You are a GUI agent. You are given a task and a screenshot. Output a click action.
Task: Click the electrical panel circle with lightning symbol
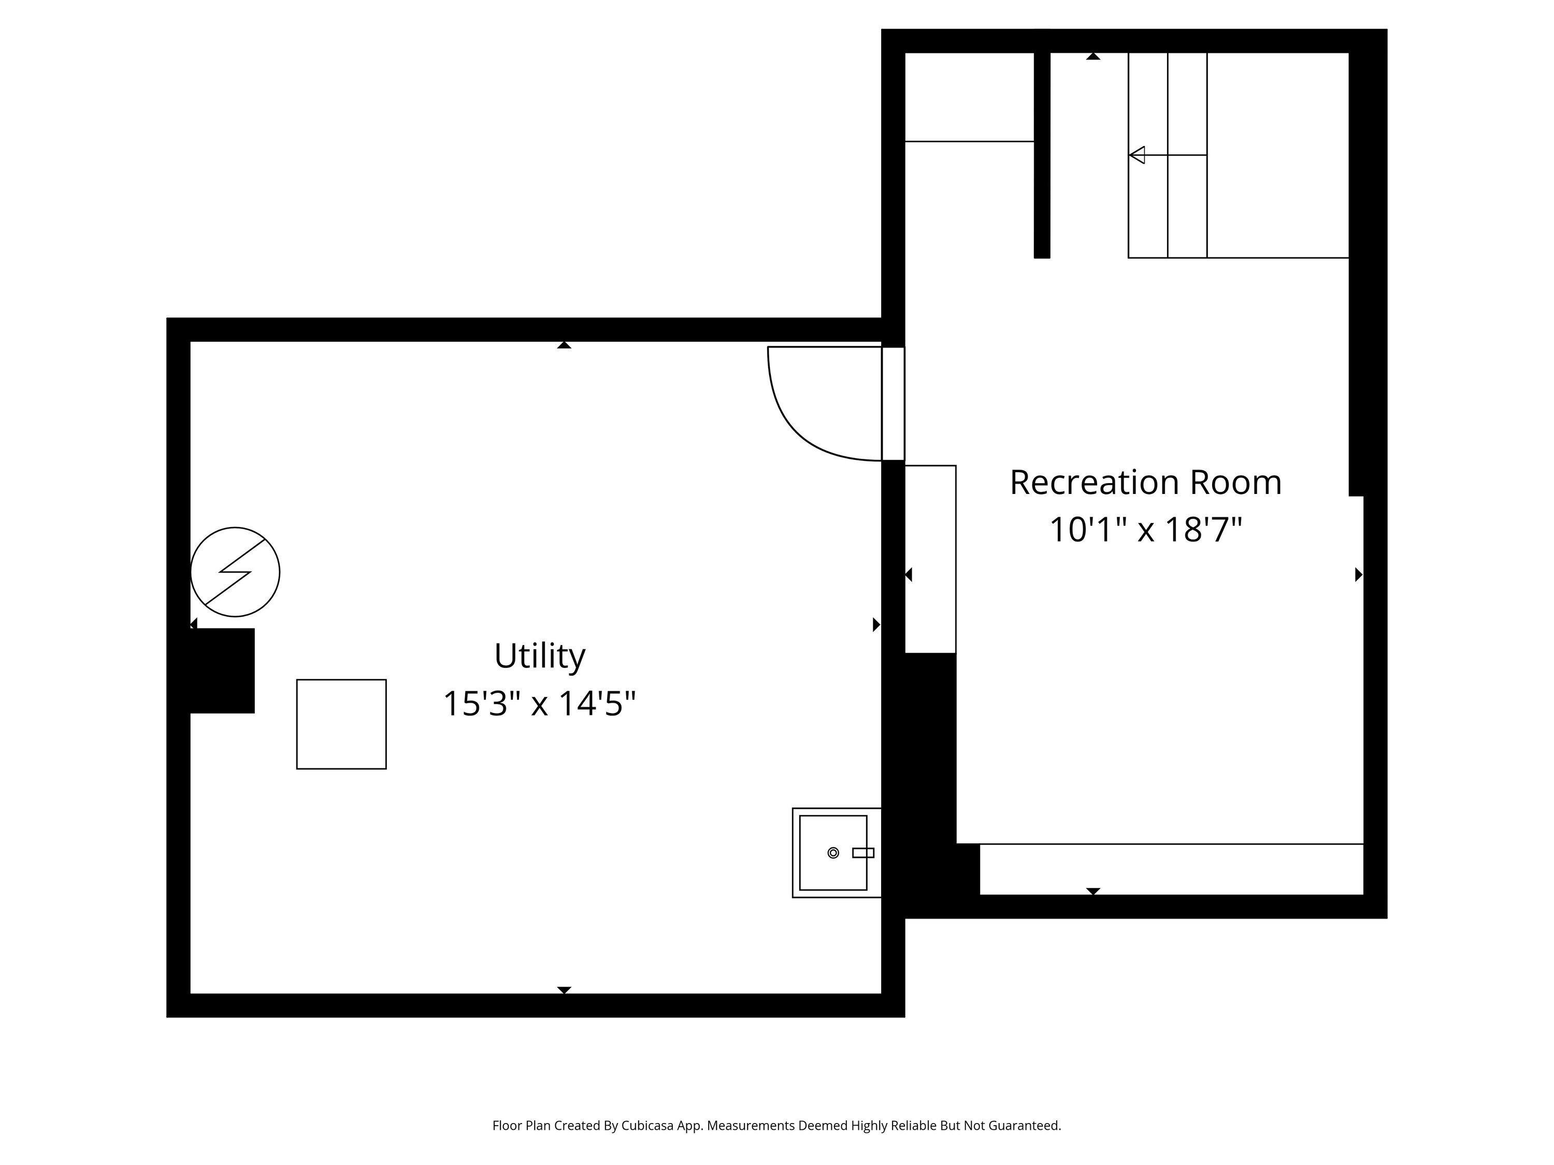pos(235,572)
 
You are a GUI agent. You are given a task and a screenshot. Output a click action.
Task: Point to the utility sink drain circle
pos(833,852)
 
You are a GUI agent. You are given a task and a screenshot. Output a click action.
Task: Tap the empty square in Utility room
pos(341,724)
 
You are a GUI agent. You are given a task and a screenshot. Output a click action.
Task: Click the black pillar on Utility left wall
pos(222,671)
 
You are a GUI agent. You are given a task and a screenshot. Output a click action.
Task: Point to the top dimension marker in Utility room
pos(564,345)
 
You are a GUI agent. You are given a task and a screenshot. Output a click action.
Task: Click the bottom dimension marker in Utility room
pos(564,989)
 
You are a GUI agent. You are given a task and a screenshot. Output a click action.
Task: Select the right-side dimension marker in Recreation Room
pos(1358,574)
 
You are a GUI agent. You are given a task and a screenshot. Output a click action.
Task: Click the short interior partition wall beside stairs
pos(1042,154)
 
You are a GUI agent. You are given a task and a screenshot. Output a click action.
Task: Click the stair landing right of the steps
pos(1277,154)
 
